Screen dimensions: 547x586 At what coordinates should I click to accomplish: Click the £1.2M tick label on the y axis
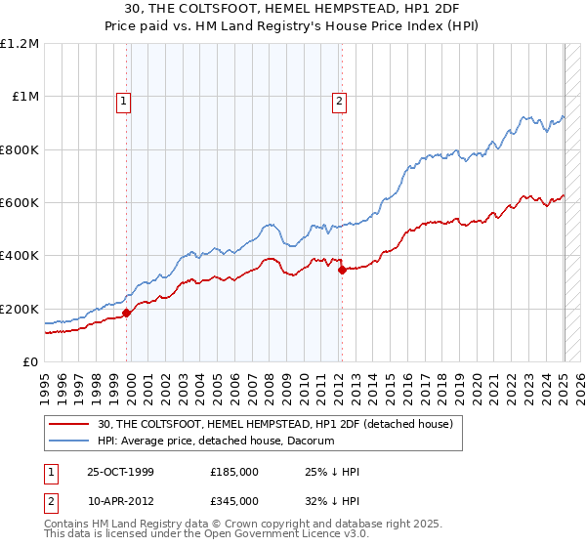click(x=20, y=44)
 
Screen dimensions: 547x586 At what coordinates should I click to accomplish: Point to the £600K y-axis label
click(x=20, y=203)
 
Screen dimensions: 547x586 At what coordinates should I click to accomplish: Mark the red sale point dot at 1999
click(x=127, y=314)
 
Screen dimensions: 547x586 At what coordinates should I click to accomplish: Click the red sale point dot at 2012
click(x=342, y=271)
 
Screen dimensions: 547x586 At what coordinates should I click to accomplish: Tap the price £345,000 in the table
click(x=233, y=501)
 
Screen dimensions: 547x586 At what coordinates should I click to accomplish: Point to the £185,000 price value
click(x=233, y=472)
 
